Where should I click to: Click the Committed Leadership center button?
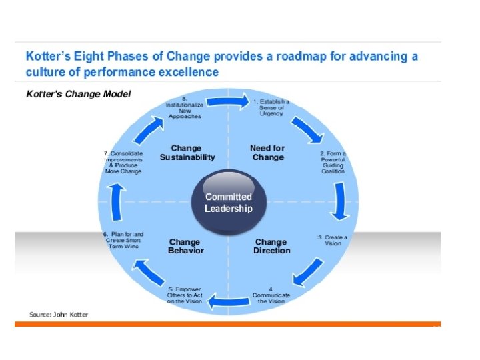click(x=229, y=203)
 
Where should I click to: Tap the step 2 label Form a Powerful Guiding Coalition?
click(x=333, y=162)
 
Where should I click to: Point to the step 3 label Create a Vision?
click(x=333, y=240)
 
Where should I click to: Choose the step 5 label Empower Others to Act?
click(x=185, y=295)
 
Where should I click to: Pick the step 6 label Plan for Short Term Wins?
click(x=123, y=240)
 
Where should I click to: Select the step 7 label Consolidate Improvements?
click(x=123, y=162)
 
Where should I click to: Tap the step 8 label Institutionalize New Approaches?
click(x=185, y=107)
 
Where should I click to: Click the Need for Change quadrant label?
click(x=267, y=153)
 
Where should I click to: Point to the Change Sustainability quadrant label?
click(x=187, y=153)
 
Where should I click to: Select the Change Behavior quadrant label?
click(x=186, y=246)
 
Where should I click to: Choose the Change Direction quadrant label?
click(x=271, y=246)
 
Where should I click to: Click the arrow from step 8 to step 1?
click(x=226, y=102)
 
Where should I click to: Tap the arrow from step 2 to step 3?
click(x=341, y=201)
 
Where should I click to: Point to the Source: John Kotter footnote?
click(x=59, y=314)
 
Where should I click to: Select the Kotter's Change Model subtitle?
click(x=78, y=94)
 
